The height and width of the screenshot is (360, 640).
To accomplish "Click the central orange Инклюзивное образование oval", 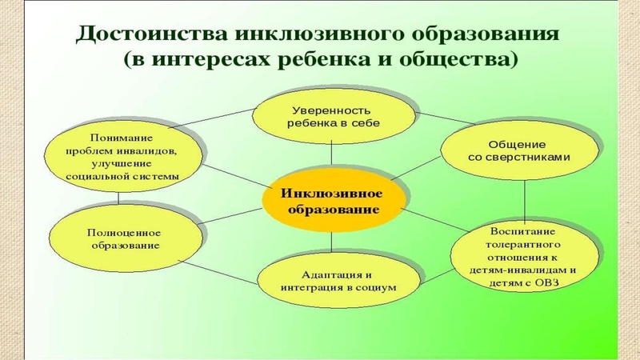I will tap(331, 200).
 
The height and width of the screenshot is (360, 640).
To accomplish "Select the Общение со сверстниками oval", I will tap(518, 150).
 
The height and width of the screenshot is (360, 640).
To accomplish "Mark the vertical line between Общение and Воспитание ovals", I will tap(525, 200).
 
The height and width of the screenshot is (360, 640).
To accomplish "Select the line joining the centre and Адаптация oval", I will tap(330, 242).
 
